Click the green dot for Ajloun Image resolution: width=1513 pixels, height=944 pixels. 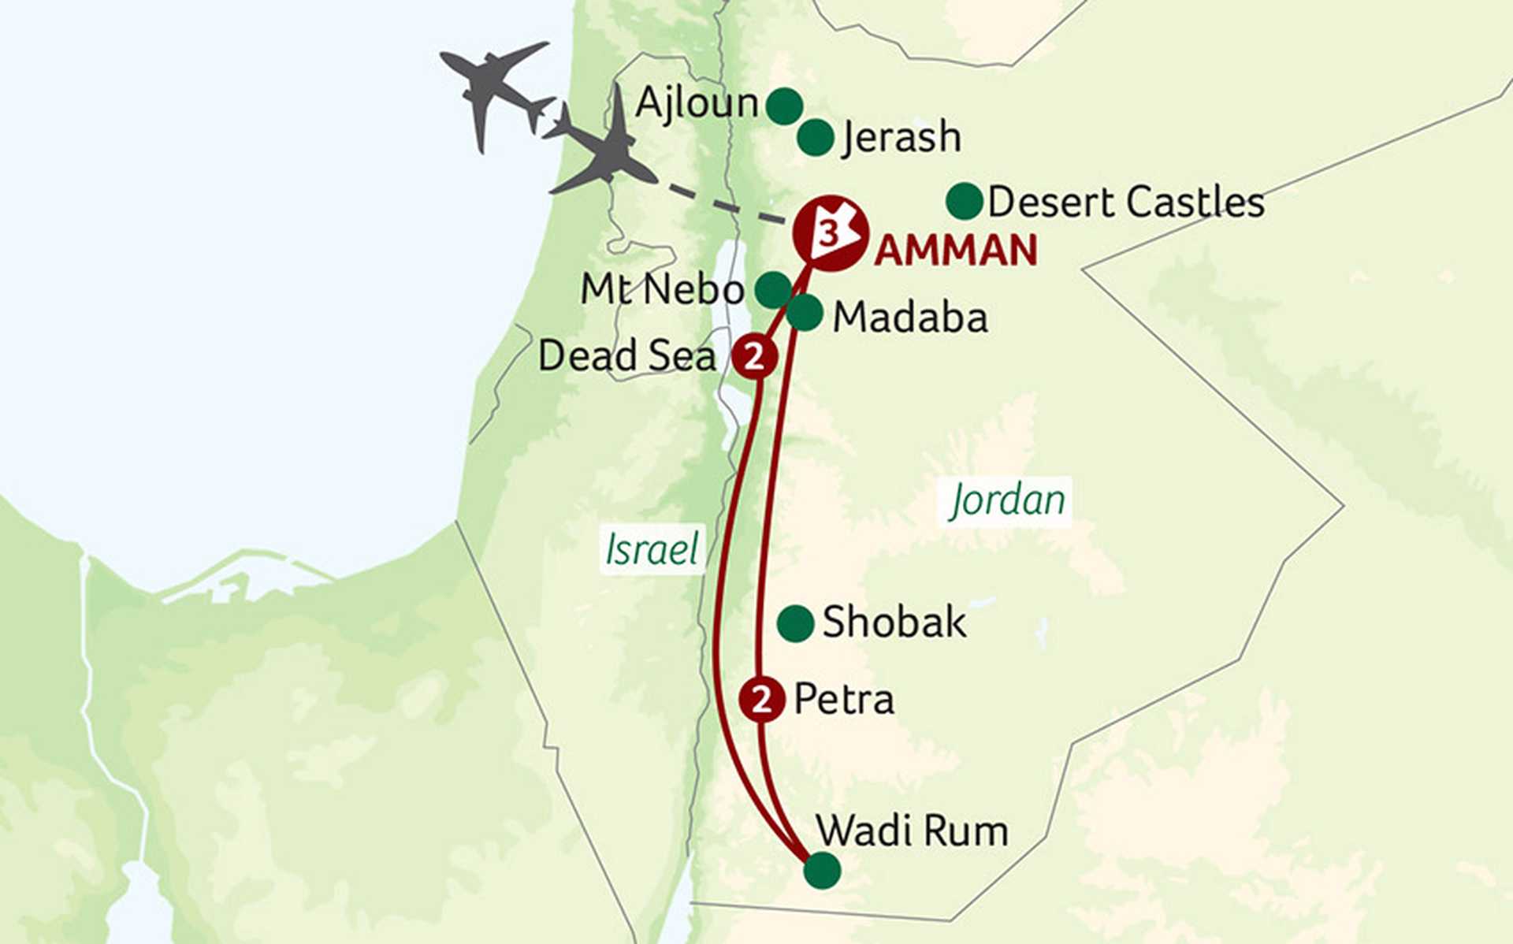point(784,106)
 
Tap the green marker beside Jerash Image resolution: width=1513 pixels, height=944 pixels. point(815,138)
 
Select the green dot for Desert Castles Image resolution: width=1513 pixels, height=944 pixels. point(964,202)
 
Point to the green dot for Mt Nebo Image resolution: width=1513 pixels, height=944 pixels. point(773,289)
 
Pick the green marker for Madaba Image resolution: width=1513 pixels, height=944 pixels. point(805,313)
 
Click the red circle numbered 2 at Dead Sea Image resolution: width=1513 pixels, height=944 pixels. point(755,357)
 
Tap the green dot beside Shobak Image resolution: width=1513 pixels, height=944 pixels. point(795,623)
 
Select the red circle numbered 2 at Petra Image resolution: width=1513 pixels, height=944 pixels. point(761,699)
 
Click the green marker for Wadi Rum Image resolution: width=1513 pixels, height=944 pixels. point(822,870)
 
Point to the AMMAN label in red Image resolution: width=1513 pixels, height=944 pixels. point(955,251)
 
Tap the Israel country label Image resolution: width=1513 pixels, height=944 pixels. point(652,549)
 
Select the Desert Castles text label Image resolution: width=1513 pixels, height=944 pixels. point(1125,203)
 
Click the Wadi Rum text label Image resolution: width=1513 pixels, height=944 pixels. point(912,831)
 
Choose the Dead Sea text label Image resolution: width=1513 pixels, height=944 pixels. point(627,356)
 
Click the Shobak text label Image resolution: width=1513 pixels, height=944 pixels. point(894,623)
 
